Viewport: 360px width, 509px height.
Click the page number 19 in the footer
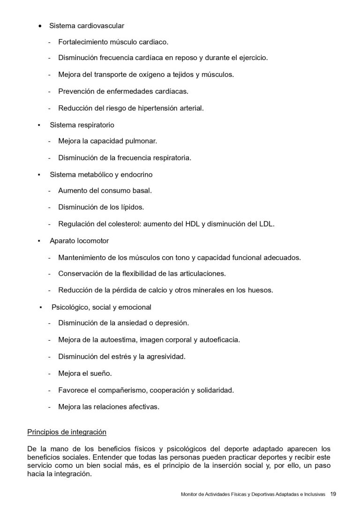[333, 494]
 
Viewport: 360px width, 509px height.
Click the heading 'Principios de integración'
[67, 431]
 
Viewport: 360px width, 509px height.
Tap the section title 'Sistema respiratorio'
[82, 125]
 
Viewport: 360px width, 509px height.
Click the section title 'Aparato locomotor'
[79, 241]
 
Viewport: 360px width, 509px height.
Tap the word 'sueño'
[102, 373]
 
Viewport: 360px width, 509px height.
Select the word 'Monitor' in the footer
[189, 494]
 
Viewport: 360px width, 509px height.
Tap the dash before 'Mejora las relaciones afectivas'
[49, 407]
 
